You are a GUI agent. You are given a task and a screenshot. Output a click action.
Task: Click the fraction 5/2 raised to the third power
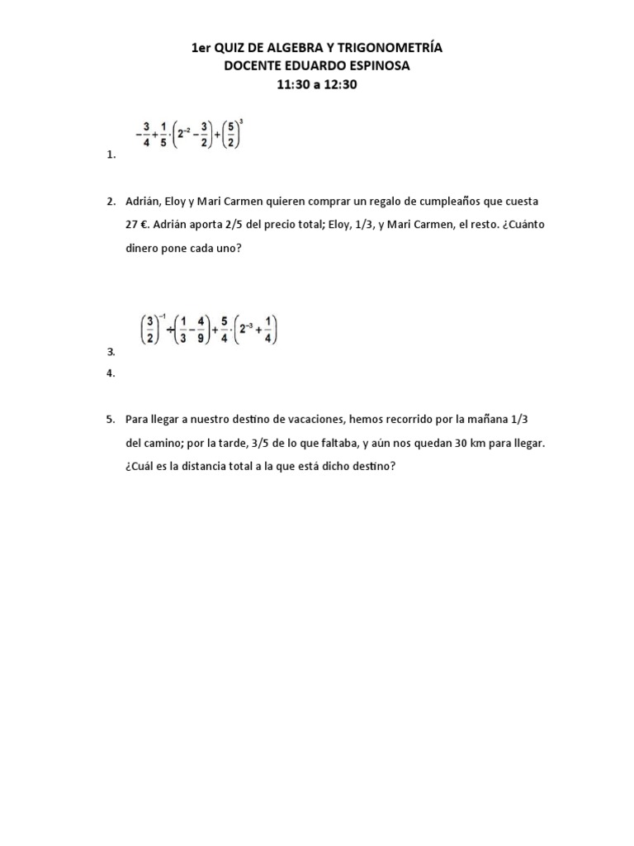pos(230,134)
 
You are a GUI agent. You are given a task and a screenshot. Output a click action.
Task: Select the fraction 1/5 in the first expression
pos(163,134)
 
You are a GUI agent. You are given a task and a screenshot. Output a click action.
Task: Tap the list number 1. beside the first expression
pos(111,154)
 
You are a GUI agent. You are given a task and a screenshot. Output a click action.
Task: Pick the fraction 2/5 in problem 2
pos(228,225)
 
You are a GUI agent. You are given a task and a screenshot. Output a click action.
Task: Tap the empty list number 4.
pos(111,373)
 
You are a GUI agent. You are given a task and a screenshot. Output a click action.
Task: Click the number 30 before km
pos(453,443)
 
